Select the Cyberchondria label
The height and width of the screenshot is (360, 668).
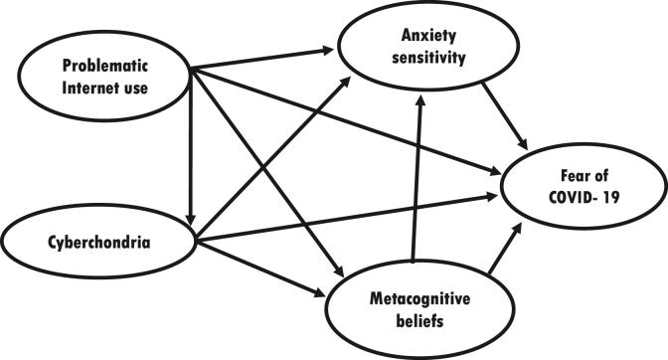pos(93,240)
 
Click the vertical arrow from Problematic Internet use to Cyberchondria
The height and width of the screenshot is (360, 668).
pos(189,149)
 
